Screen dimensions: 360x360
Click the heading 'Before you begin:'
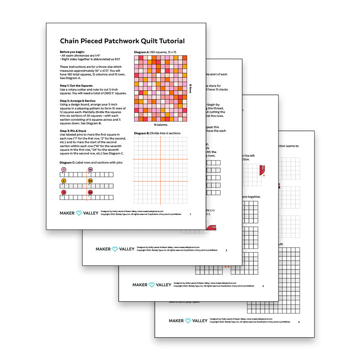pyautogui.click(x=72, y=52)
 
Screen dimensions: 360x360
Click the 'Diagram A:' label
pyautogui.click(x=142, y=52)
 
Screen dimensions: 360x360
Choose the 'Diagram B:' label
pyautogui.click(x=142, y=133)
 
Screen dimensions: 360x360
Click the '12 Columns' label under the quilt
pyautogui.click(x=160, y=125)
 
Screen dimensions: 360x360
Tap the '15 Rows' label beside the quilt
pyautogui.click(x=191, y=88)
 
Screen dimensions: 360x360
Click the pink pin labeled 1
pyautogui.click(x=64, y=170)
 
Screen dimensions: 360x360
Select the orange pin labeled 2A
pyautogui.click(x=90, y=181)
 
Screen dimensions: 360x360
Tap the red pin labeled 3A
pyautogui.click(x=90, y=192)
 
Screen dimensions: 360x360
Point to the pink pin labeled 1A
pyautogui.click(x=90, y=170)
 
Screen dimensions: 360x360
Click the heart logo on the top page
pyautogui.click(x=79, y=213)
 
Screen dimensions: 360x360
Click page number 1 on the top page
pyautogui.click(x=190, y=214)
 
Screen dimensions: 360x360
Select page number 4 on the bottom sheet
pyautogui.click(x=298, y=322)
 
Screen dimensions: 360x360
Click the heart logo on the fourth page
pyautogui.click(x=188, y=320)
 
